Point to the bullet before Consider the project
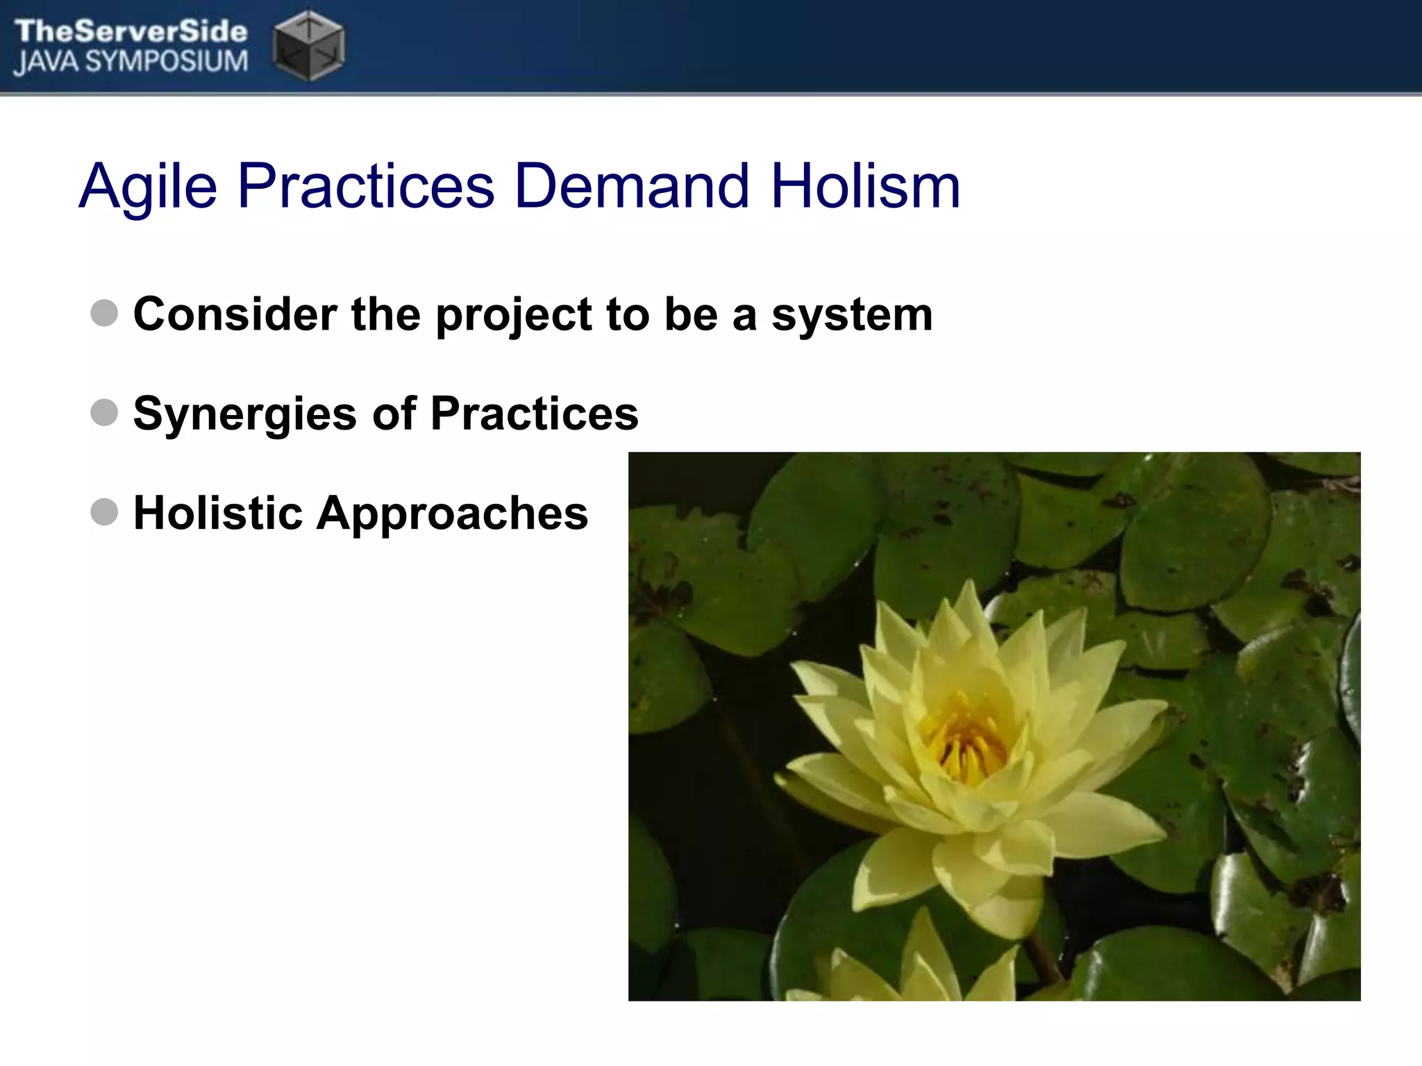coord(104,313)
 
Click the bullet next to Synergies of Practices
coord(104,412)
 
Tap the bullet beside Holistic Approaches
coord(104,512)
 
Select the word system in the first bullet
coord(852,316)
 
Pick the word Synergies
coord(244,415)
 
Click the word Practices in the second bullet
coord(534,414)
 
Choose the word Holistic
coord(218,513)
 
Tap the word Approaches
coord(452,514)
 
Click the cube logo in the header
coord(308,45)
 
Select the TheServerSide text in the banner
coord(131,31)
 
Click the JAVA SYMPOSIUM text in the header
coord(131,62)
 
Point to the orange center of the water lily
coord(965,743)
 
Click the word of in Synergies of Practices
coord(394,414)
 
